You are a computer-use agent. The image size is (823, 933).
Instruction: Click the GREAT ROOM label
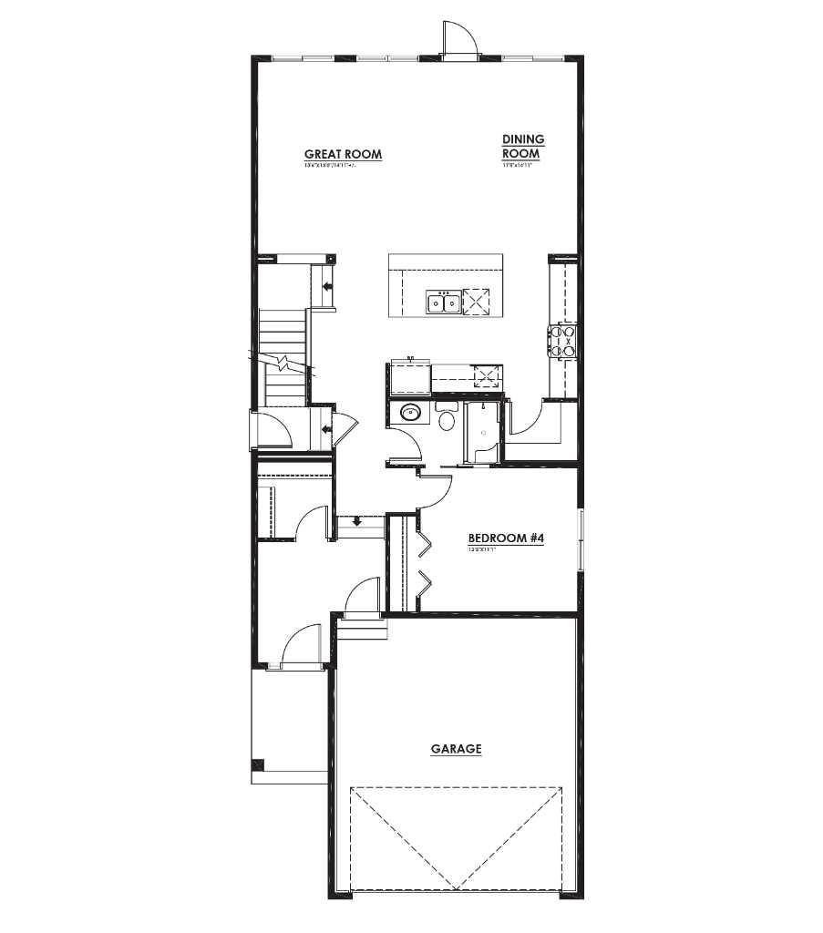(343, 154)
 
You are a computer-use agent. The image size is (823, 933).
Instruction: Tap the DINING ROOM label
(522, 146)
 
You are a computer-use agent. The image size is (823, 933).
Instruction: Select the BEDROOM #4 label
(506, 538)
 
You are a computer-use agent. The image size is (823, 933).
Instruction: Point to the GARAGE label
(456, 749)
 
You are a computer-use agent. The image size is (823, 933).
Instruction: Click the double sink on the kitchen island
(444, 302)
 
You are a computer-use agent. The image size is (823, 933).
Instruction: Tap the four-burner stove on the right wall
(561, 342)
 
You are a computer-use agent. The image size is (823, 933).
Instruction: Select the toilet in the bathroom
(447, 420)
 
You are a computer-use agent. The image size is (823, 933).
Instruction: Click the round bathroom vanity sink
(410, 413)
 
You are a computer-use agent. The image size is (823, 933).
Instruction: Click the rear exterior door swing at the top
(458, 39)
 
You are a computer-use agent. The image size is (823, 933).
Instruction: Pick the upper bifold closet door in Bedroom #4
(424, 542)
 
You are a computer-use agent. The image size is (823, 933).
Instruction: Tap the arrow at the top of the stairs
(326, 286)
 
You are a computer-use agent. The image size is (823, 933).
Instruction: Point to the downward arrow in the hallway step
(356, 522)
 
